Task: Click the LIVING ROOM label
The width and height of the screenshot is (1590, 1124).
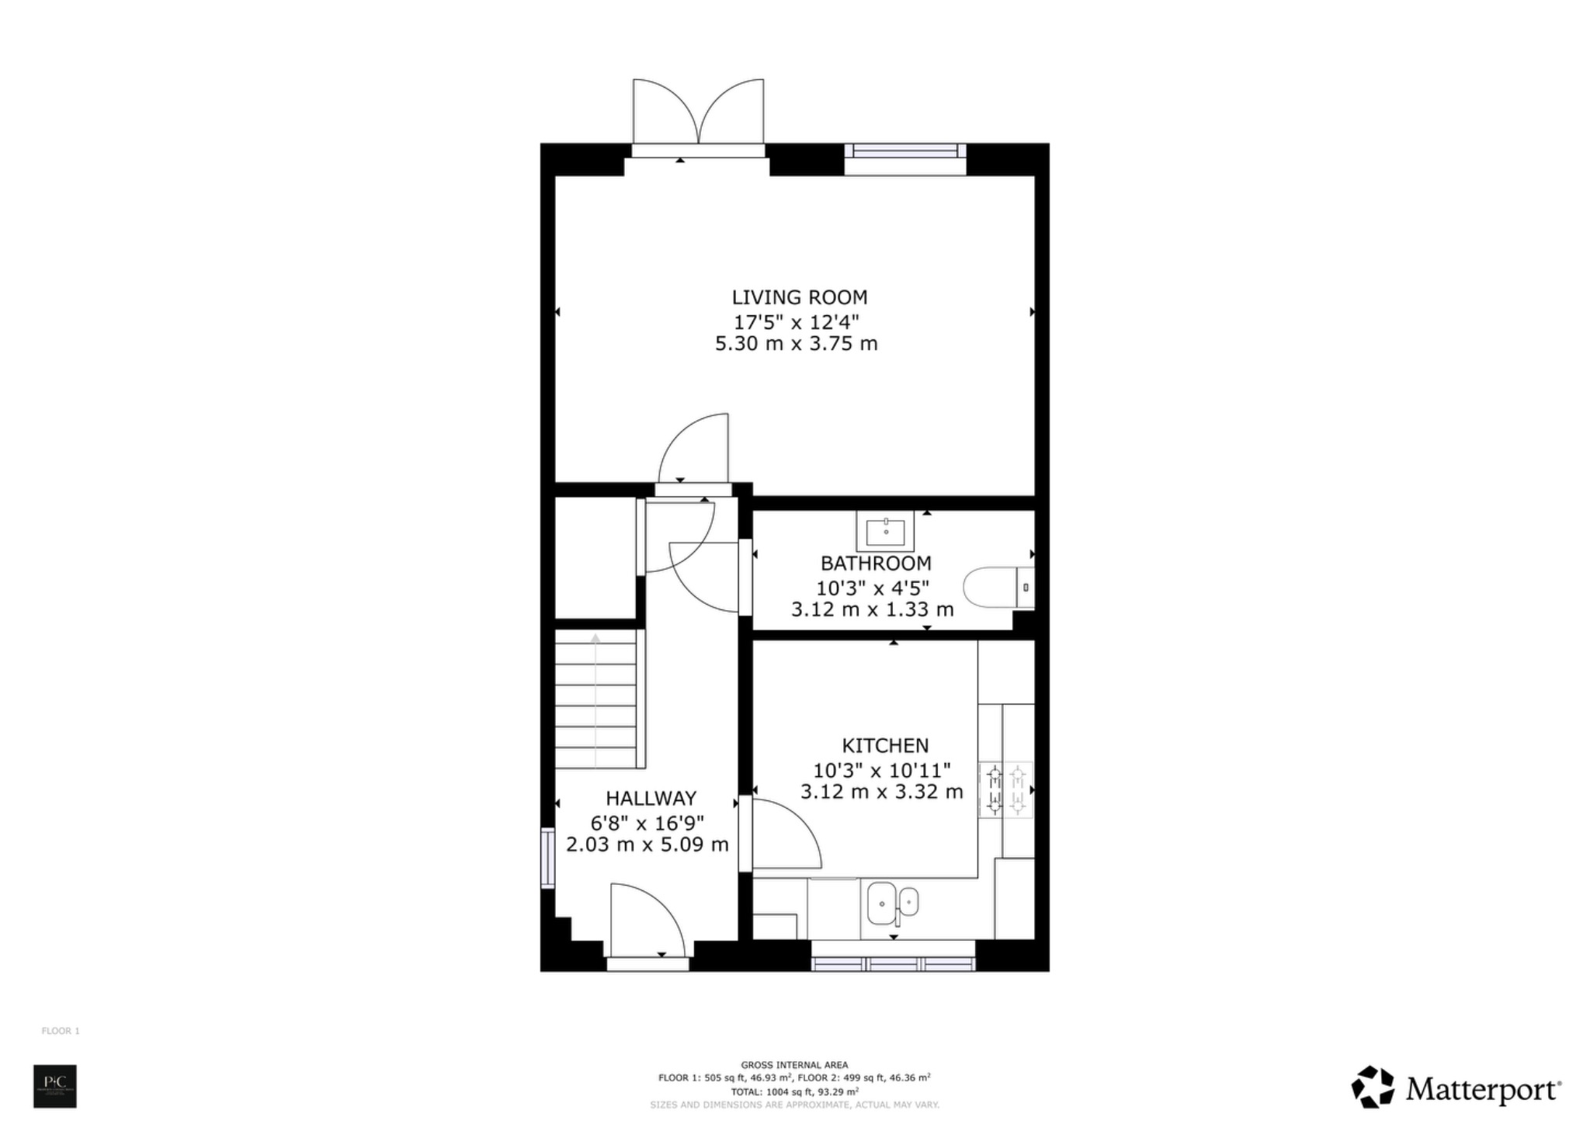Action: [799, 297]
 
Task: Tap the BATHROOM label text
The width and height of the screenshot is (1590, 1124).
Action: [876, 564]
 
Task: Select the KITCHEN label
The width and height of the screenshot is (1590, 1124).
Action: [885, 746]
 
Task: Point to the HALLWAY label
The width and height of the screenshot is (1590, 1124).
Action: [651, 799]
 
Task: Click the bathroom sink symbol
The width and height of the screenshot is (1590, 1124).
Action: [885, 532]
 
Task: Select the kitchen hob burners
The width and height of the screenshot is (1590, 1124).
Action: [1005, 790]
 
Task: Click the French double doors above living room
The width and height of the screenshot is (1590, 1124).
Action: [698, 113]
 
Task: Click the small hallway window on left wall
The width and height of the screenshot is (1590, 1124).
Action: [548, 858]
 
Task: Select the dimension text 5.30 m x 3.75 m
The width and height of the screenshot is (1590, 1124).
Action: [796, 344]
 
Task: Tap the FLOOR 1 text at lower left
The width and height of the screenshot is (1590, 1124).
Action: [61, 1031]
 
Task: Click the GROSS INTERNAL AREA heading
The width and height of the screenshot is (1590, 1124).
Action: [794, 1065]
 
